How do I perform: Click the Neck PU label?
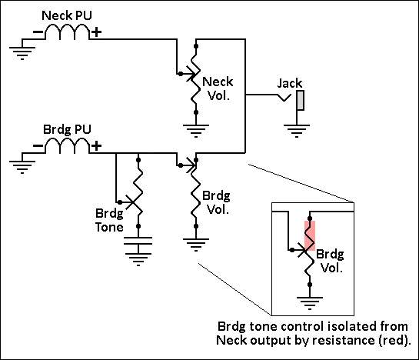click(x=67, y=15)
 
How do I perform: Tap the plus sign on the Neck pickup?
click(x=96, y=32)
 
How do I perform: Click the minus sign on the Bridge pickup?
click(x=38, y=145)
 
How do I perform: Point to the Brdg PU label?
click(x=67, y=130)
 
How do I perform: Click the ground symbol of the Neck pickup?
click(x=22, y=52)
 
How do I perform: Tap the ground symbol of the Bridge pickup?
click(x=22, y=167)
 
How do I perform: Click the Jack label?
click(x=290, y=83)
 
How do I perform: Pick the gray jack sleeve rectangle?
click(x=301, y=100)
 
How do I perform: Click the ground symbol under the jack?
click(x=297, y=131)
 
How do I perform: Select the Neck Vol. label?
click(x=218, y=88)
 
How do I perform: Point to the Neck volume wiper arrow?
click(x=188, y=74)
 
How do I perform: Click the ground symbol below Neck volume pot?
click(x=196, y=131)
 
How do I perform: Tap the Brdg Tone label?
click(x=109, y=221)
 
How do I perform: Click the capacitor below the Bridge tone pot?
click(x=138, y=241)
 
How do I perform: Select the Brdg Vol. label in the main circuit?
click(x=216, y=203)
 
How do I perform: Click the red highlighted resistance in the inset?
click(x=310, y=235)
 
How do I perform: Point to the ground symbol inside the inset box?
click(x=310, y=303)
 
